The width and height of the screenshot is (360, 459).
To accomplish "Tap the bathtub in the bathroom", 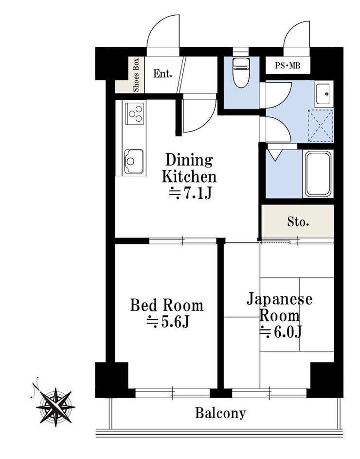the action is [x=319, y=174].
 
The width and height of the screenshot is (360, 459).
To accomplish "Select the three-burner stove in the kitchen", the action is [x=135, y=113].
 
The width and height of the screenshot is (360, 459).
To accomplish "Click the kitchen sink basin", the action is [x=134, y=161].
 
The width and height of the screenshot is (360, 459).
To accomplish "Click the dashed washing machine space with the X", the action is [x=321, y=126].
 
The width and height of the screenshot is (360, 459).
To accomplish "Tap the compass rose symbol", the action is [x=55, y=407].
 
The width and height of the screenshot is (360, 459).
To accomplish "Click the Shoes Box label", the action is [x=136, y=74].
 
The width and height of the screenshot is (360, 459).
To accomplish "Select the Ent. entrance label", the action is [x=162, y=74].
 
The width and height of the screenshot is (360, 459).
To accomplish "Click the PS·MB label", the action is [x=288, y=66].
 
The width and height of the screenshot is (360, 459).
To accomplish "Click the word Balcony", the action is [x=220, y=413].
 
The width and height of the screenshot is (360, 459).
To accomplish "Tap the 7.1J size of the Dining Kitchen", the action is [x=191, y=193].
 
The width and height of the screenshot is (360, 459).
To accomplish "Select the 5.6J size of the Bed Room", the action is [x=168, y=321].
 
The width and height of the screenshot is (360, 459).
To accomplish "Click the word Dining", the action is [x=189, y=160].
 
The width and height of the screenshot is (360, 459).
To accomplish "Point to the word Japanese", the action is [x=280, y=299].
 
